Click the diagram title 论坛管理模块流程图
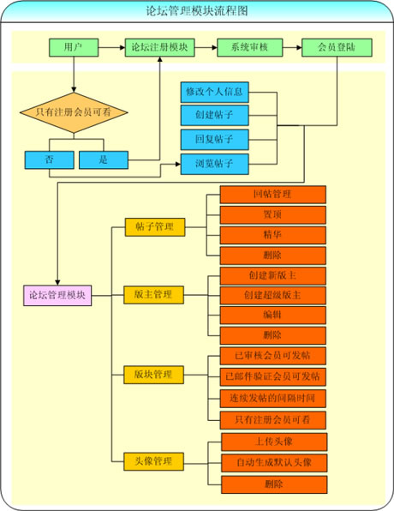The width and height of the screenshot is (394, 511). [x=197, y=11]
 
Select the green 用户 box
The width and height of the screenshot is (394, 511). [x=74, y=47]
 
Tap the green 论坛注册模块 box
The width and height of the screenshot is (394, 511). [x=160, y=47]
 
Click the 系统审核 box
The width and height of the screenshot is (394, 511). [x=250, y=47]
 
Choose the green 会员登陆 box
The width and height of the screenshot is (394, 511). [x=337, y=47]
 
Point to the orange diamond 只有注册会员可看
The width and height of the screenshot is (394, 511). [x=74, y=113]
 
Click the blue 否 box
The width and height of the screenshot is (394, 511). [x=49, y=159]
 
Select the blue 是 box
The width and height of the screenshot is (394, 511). [x=104, y=159]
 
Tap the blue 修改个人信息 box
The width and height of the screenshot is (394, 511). [x=215, y=93]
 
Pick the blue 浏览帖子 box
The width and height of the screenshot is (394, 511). [x=215, y=164]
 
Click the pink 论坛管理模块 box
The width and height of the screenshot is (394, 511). [x=57, y=296]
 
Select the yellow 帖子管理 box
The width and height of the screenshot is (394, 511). [x=155, y=227]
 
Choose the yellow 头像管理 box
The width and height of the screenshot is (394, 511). [x=153, y=461]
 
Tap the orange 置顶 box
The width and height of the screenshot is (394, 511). [x=273, y=214]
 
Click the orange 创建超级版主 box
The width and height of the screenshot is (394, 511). [x=273, y=296]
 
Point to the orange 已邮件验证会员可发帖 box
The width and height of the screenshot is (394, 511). [x=273, y=377]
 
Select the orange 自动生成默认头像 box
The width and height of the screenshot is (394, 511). [x=274, y=463]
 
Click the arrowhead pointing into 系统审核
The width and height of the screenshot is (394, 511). [x=215, y=47]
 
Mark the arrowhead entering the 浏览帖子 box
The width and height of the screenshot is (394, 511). [x=178, y=164]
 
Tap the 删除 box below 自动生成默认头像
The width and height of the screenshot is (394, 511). [x=274, y=484]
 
